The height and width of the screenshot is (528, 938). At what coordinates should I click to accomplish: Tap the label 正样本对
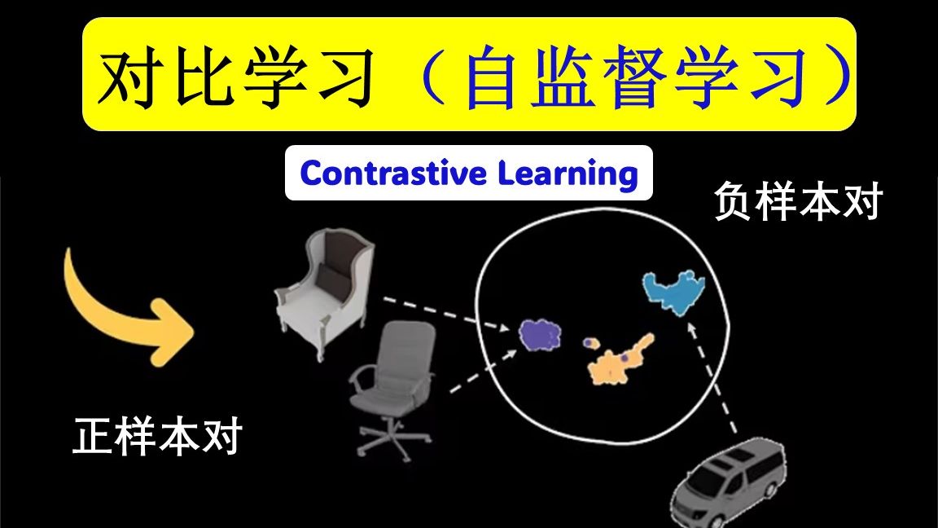click(x=157, y=436)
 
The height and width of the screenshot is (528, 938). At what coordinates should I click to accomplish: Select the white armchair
click(x=325, y=293)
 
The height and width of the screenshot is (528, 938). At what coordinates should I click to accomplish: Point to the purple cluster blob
click(x=540, y=335)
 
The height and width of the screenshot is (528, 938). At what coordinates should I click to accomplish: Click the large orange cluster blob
click(x=619, y=361)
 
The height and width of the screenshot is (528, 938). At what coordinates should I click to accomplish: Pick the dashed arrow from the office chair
click(x=484, y=372)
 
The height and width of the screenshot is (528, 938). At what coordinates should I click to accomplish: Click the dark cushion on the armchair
click(x=331, y=276)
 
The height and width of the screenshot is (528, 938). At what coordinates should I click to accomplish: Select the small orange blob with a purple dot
click(x=591, y=343)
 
